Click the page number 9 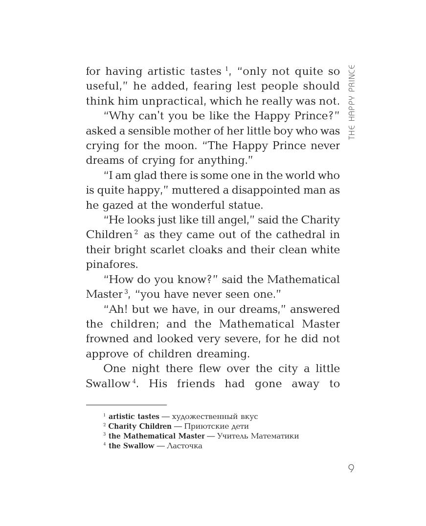tap(351, 468)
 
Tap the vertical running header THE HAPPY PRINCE tap(351, 102)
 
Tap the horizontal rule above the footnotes tap(126, 405)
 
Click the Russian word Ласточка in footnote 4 tap(184, 446)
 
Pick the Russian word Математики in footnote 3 tap(274, 436)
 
